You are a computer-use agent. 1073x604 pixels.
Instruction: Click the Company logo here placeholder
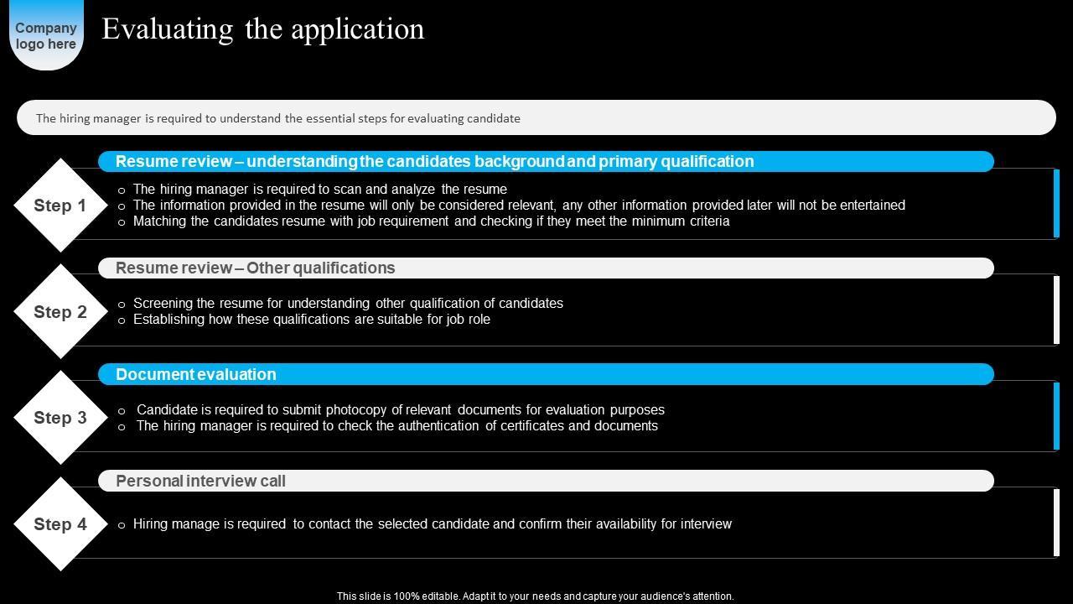click(46, 35)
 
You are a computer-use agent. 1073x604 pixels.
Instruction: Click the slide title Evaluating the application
click(262, 29)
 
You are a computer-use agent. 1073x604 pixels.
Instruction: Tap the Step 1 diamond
click(60, 206)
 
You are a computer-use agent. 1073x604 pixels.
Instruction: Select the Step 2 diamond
click(60, 312)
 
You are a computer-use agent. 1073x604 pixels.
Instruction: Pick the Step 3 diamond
click(60, 418)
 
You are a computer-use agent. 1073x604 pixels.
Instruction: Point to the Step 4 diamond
click(60, 524)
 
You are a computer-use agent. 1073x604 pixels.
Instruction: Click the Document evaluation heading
click(196, 374)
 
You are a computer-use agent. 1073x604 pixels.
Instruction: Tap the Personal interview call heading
click(200, 481)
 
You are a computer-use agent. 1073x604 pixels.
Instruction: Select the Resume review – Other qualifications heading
click(255, 268)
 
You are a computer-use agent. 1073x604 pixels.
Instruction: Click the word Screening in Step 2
click(163, 303)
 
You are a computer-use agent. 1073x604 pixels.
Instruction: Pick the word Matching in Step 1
click(159, 221)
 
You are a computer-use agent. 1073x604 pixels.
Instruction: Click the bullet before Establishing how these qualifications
click(122, 320)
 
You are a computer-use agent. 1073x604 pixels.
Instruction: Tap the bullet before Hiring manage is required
click(122, 525)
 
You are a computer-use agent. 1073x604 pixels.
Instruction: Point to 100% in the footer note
click(402, 596)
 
